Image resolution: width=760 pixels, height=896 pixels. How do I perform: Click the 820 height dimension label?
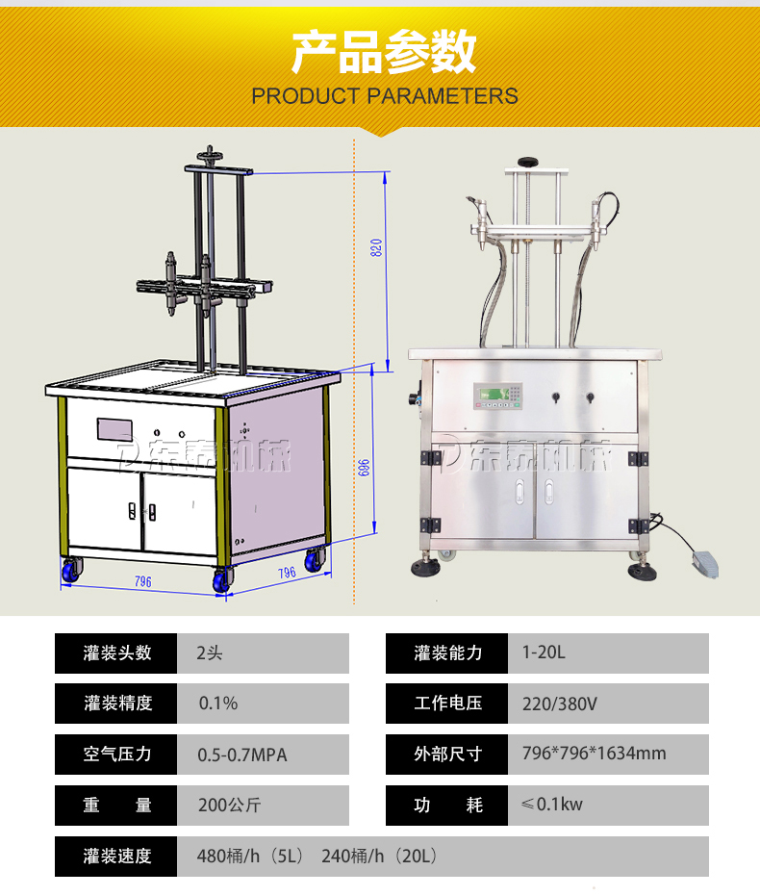[376, 247]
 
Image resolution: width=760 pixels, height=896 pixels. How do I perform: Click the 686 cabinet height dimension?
[364, 468]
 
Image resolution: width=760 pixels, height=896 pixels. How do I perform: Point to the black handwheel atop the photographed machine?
[529, 162]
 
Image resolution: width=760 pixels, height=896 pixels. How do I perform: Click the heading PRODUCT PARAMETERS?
[385, 96]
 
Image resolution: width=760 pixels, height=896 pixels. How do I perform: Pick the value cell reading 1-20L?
[608, 653]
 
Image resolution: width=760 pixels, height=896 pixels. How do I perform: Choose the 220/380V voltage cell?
[608, 704]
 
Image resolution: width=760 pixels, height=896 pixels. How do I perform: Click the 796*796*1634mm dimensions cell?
[608, 755]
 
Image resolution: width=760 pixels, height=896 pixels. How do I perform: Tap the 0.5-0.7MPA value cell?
[263, 755]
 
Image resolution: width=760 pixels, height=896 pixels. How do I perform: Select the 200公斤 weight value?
[230, 806]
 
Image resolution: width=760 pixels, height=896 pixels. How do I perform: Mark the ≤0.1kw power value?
[551, 805]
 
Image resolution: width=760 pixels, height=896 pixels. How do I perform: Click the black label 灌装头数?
[115, 653]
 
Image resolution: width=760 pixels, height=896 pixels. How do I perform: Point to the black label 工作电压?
[446, 704]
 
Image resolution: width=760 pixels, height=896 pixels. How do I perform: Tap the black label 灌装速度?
[115, 856]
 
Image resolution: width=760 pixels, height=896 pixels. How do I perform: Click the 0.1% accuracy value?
[218, 704]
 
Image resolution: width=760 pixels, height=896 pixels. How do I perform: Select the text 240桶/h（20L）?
[380, 856]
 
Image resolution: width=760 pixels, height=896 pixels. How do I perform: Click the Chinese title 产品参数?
[384, 52]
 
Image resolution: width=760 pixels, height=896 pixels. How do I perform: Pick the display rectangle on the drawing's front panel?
[114, 429]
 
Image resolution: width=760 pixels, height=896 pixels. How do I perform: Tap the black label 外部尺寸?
[446, 755]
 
